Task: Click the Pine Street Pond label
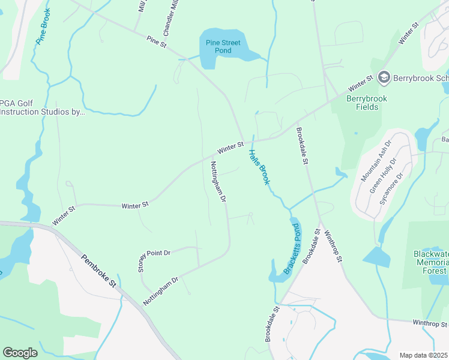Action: click(223, 47)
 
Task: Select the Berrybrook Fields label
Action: click(367, 103)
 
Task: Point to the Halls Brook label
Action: click(259, 167)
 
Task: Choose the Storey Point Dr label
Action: click(154, 257)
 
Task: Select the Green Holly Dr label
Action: click(385, 175)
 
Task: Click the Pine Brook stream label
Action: click(45, 25)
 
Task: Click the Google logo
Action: click(20, 352)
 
